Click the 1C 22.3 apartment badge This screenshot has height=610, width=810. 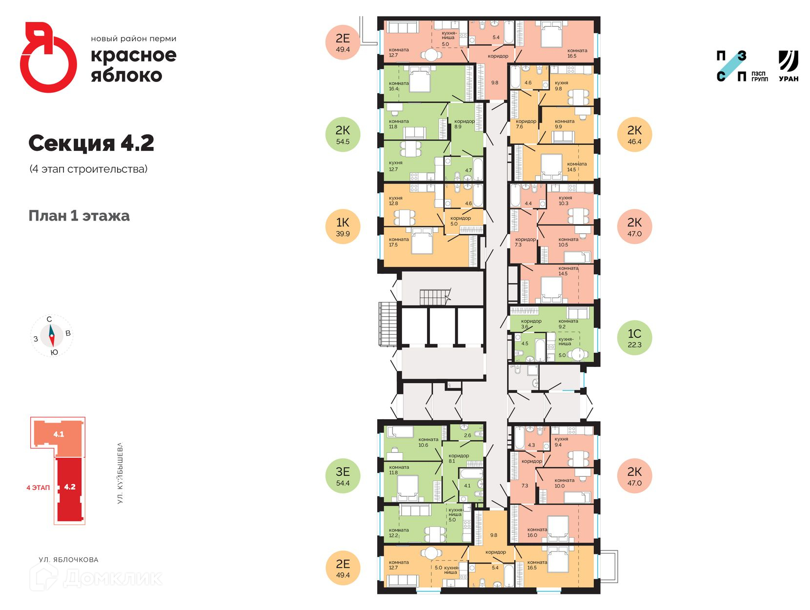[634, 337]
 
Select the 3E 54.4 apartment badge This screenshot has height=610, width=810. [343, 476]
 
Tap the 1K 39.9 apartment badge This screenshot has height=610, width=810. [343, 226]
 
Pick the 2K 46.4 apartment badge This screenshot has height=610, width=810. [634, 134]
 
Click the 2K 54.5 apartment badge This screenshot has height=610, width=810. [343, 134]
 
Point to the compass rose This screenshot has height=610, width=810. [51, 335]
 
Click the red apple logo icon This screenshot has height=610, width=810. [48, 57]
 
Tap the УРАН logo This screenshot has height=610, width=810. [788, 66]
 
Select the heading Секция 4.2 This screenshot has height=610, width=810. [91, 143]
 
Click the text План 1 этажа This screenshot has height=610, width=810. [79, 216]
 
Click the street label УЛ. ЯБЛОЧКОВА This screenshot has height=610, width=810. [69, 560]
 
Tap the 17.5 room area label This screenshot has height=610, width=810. [393, 244]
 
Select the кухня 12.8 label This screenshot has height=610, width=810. [395, 201]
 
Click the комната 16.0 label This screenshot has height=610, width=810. [536, 532]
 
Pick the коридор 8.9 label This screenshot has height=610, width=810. [464, 124]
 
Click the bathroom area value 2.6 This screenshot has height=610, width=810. [467, 435]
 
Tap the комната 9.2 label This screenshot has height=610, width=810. [568, 324]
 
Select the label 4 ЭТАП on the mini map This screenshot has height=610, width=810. [38, 488]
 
